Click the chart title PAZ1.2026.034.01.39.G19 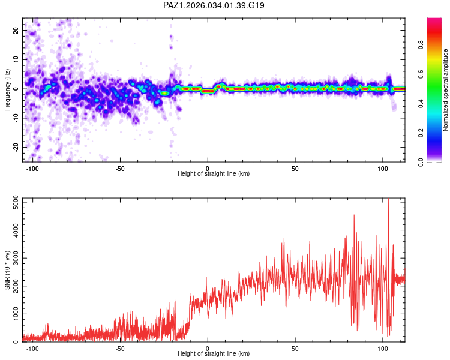click(x=214, y=5)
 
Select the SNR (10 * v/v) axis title click(x=7, y=269)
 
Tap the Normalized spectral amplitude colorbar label click(x=445, y=90)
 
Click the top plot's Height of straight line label click(x=214, y=174)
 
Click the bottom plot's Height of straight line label click(x=214, y=354)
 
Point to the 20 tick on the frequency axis click(x=16, y=30)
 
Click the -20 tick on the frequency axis click(x=14, y=147)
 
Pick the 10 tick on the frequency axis click(x=16, y=59)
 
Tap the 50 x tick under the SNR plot click(x=295, y=348)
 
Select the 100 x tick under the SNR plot click(x=383, y=348)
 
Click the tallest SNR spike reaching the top click(x=388, y=201)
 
